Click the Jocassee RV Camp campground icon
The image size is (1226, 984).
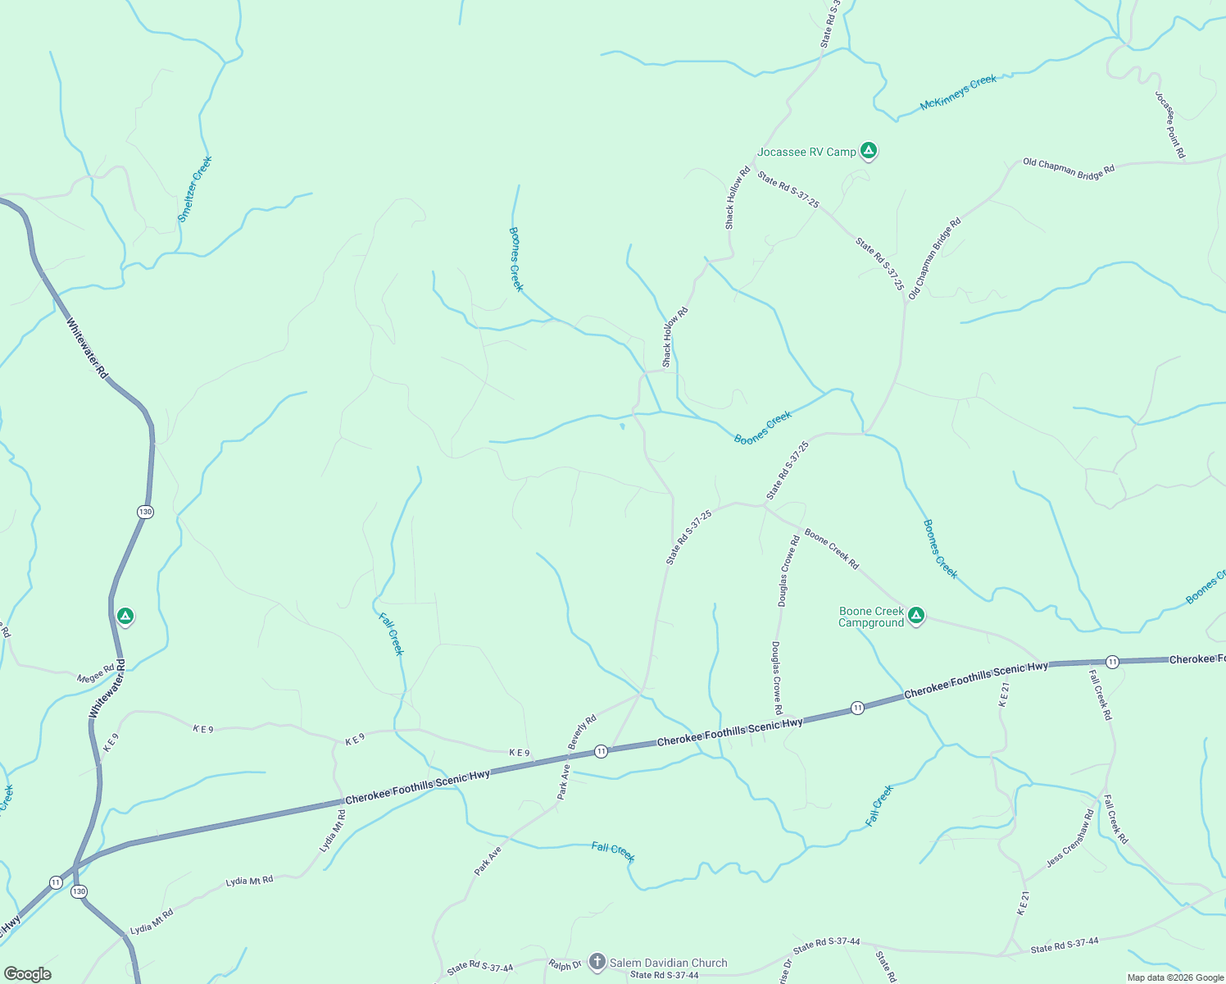pyautogui.click(x=869, y=151)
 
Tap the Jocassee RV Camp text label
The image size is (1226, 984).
pyautogui.click(x=806, y=153)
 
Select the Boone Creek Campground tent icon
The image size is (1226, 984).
pyautogui.click(x=916, y=616)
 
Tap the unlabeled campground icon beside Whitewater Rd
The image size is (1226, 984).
pyautogui.click(x=125, y=616)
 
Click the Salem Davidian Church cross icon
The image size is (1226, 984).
pyautogui.click(x=597, y=962)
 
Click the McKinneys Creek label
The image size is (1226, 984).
pyautogui.click(x=958, y=93)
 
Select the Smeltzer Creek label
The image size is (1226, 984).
pyautogui.click(x=195, y=189)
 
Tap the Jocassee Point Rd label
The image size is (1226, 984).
pyautogui.click(x=1169, y=125)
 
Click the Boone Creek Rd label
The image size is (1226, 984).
pyautogui.click(x=831, y=549)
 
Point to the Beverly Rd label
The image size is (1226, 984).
pyautogui.click(x=582, y=732)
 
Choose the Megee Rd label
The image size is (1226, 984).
pyautogui.click(x=96, y=674)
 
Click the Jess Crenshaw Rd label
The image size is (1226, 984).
pyautogui.click(x=1070, y=839)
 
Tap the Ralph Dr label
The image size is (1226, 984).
pyautogui.click(x=565, y=965)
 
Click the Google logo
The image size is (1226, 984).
pyautogui.click(x=27, y=974)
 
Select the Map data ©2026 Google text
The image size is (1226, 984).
pyautogui.click(x=1174, y=977)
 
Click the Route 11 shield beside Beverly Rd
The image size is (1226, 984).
pyautogui.click(x=601, y=751)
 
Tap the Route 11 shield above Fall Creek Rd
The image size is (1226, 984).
pyautogui.click(x=1112, y=662)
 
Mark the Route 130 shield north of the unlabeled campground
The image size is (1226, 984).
pyautogui.click(x=145, y=512)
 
